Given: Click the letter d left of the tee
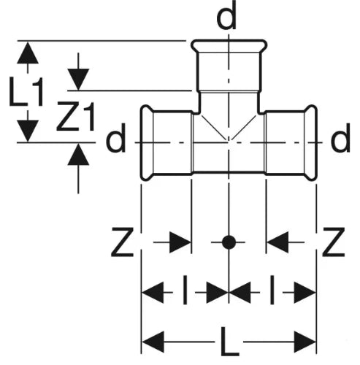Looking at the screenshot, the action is pos(116,138).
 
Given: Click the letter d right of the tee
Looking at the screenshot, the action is pos(340,138).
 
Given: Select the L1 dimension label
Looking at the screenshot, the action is pos(26,91).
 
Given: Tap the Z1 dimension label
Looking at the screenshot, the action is pos(75,117).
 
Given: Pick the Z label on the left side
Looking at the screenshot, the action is pos(123,242).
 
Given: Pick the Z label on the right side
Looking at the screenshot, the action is pos(334,242).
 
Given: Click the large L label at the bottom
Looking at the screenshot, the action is pos(229,341).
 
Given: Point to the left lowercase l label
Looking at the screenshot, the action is pos(185,290).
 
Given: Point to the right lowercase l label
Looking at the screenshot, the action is pos(272,290).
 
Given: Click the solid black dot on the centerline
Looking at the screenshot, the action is pos(229,242).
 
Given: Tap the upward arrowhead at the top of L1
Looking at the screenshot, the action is pos(28,53).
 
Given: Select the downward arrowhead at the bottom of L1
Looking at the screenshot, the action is pos(28,131).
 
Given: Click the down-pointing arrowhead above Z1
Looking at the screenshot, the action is pos(78,80).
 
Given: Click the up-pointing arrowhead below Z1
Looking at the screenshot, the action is pos(78,155).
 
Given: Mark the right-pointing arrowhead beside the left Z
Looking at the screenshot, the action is pos(180,242).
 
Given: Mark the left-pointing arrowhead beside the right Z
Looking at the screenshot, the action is pos(277,242).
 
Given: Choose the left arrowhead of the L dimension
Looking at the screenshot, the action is pos(153,342).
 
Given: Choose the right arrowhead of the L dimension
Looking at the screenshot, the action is pos(305,342).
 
